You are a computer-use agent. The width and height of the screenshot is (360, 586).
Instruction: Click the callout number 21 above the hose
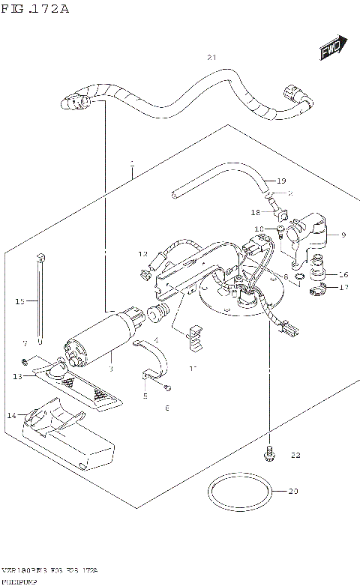click(211, 58)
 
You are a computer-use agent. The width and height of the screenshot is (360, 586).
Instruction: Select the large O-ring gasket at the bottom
click(239, 495)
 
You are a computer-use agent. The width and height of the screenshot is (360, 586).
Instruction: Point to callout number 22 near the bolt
click(295, 455)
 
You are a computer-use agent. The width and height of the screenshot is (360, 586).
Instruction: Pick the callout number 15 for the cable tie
click(20, 301)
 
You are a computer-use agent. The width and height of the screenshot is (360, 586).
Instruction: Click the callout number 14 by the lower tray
click(11, 414)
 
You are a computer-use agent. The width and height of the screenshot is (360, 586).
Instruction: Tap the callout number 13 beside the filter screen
click(17, 376)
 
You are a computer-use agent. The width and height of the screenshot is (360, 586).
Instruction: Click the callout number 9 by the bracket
click(343, 235)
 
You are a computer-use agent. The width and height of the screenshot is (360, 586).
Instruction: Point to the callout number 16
click(343, 274)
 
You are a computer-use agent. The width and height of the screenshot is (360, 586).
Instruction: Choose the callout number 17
click(343, 287)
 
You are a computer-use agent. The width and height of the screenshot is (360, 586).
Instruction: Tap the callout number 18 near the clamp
click(256, 212)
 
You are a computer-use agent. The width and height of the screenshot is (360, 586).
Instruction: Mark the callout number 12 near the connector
click(142, 255)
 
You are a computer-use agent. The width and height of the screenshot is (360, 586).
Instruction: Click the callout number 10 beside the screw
click(259, 229)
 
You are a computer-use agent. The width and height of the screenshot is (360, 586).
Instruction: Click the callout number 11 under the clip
click(192, 368)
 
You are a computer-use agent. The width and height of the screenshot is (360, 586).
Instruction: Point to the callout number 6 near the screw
click(166, 408)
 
